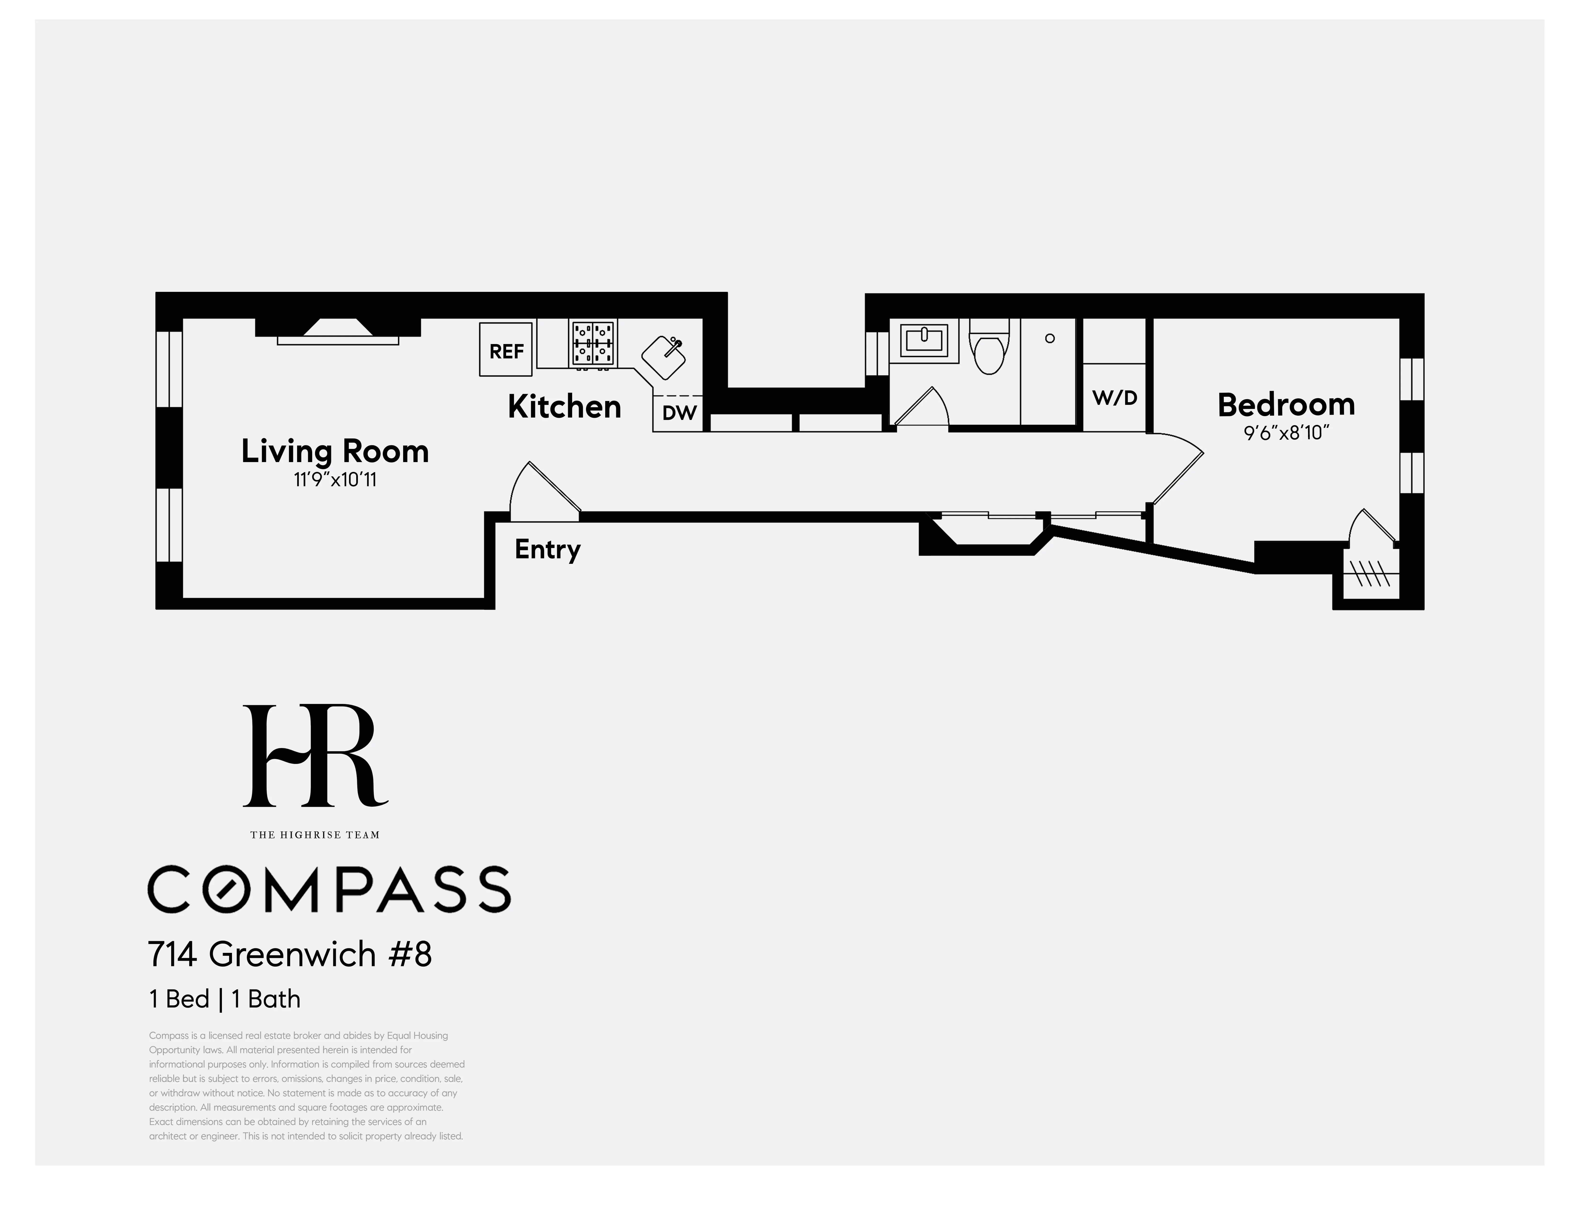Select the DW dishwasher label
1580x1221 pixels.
coord(679,413)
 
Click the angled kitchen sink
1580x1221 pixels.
coord(663,357)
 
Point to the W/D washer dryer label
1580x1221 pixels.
coord(1114,397)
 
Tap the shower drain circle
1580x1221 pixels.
coord(1050,339)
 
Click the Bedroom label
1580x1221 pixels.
coord(1286,404)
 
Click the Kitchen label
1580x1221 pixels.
coord(564,407)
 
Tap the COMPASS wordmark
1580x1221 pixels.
coord(329,890)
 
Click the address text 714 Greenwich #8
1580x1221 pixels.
coord(289,954)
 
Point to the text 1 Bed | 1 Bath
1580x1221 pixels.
coord(224,999)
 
